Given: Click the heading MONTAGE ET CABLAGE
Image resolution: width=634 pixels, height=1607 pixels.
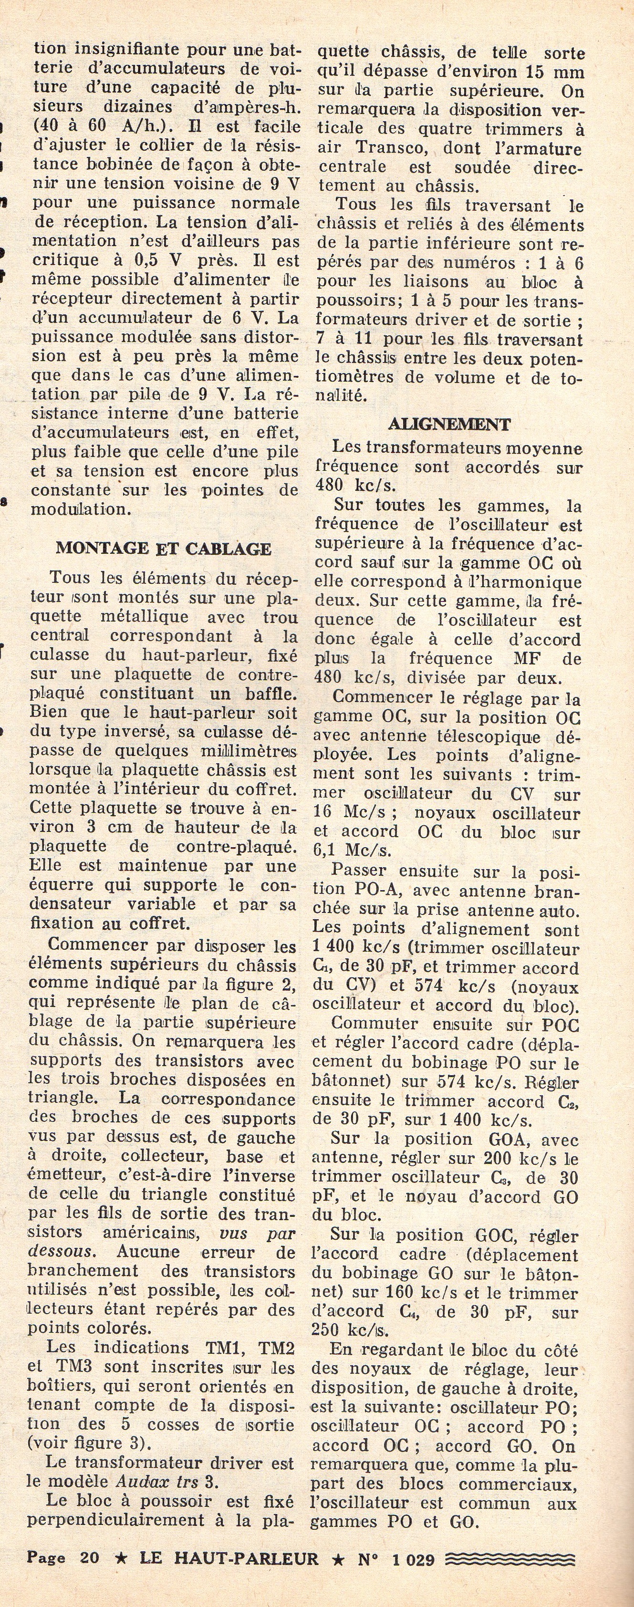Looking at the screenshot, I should click(x=164, y=549).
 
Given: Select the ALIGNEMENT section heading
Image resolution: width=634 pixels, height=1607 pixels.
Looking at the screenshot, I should click(x=449, y=425).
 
